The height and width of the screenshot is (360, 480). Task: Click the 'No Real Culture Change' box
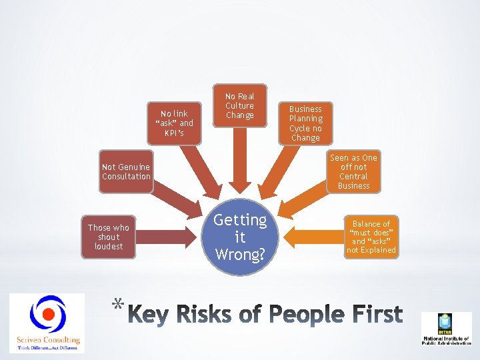point(239,106)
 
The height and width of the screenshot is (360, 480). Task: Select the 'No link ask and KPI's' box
point(175,123)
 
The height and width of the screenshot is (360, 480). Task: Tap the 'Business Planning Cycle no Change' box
point(305,123)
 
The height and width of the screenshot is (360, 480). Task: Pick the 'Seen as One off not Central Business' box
point(353,171)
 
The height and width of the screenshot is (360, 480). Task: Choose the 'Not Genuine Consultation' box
point(126,172)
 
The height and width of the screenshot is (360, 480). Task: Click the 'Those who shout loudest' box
point(109,237)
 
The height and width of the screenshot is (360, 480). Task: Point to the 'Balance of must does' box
point(371,237)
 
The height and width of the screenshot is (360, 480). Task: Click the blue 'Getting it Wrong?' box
point(240,237)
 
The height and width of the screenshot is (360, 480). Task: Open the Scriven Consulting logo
point(47,323)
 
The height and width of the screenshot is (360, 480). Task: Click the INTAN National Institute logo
point(445,329)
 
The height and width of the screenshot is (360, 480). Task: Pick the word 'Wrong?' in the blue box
point(240,254)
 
